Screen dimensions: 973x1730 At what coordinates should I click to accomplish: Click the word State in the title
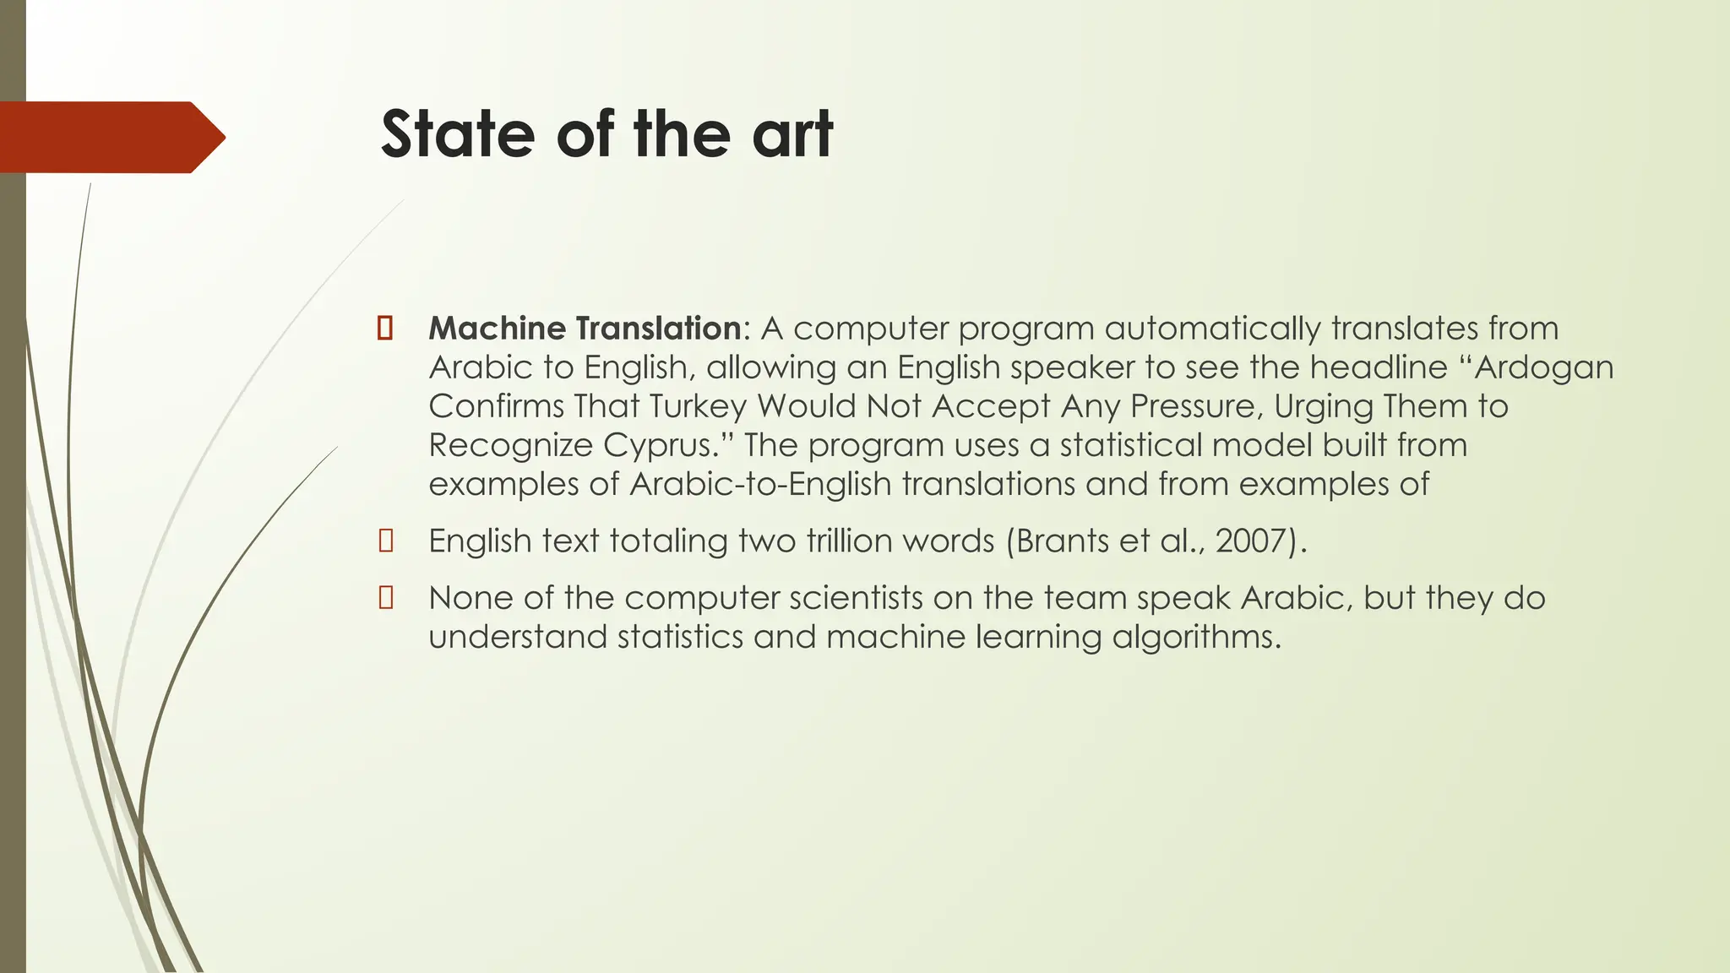click(457, 134)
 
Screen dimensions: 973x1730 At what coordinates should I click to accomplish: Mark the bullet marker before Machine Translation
click(385, 329)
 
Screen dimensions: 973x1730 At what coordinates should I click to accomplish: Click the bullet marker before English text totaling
click(386, 541)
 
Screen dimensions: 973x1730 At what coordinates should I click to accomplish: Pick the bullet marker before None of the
click(386, 599)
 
